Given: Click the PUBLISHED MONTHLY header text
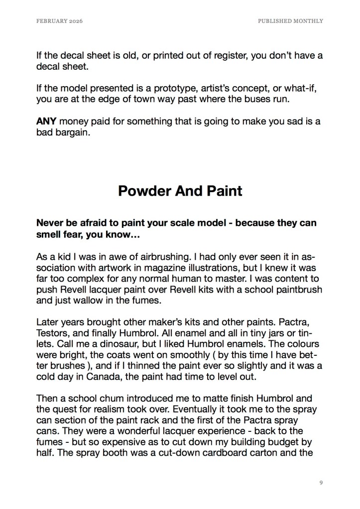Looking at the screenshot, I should coord(290,21).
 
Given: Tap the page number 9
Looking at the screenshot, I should coord(321,482).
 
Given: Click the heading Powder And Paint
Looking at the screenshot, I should coord(180,191).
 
